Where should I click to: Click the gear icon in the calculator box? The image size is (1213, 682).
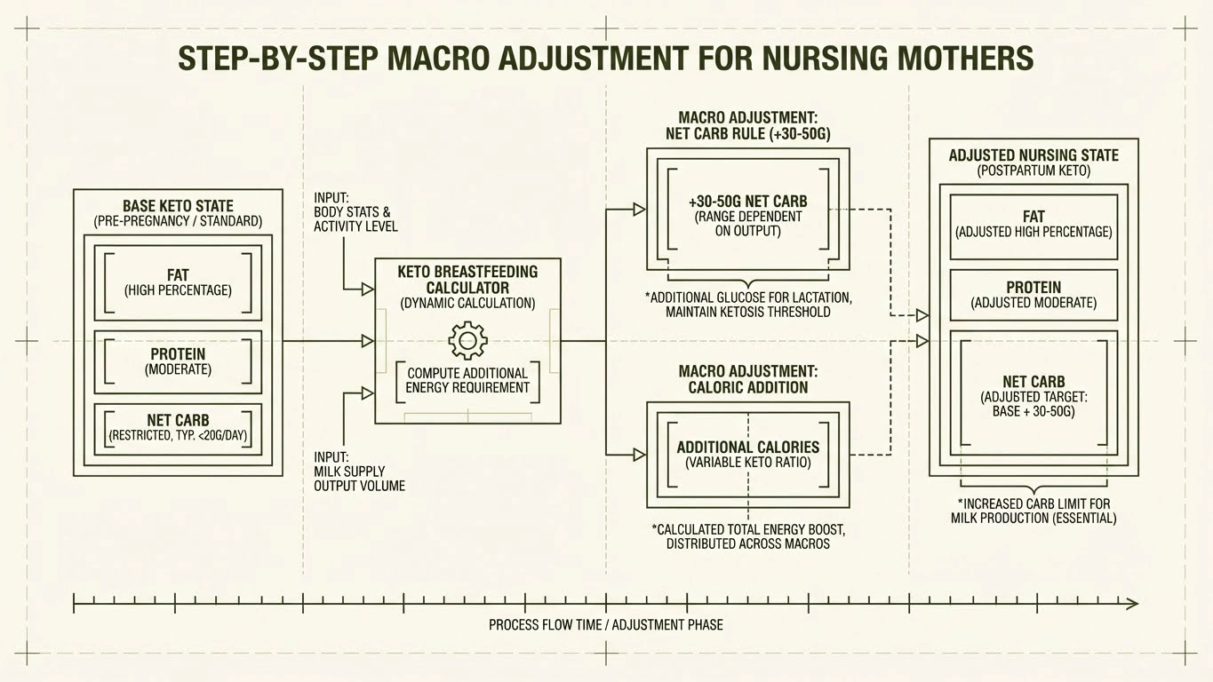point(467,341)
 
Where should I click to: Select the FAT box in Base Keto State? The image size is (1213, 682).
point(178,282)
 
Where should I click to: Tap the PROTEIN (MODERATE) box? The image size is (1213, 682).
point(178,361)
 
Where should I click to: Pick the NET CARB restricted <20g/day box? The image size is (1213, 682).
point(178,428)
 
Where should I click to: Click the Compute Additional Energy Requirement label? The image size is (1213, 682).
point(467,380)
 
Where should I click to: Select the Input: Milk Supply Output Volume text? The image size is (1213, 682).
point(359,472)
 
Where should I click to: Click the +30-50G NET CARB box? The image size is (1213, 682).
point(747,215)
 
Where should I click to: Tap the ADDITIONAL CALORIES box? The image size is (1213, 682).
point(747,454)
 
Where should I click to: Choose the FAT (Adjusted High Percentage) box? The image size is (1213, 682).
point(1033,224)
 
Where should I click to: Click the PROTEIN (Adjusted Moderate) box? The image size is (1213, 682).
point(1033,295)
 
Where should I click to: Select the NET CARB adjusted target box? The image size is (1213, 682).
point(1033,396)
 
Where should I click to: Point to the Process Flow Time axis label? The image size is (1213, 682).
point(605,625)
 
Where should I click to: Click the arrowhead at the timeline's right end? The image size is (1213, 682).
point(1132,604)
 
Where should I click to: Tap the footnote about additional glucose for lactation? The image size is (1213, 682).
point(747,305)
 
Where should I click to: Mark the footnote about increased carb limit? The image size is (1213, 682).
point(1033,511)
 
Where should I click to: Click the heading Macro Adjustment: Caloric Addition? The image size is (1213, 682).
point(747,379)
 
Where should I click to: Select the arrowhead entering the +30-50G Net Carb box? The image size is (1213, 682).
point(639,210)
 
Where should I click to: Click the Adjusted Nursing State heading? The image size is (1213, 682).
point(1033,162)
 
